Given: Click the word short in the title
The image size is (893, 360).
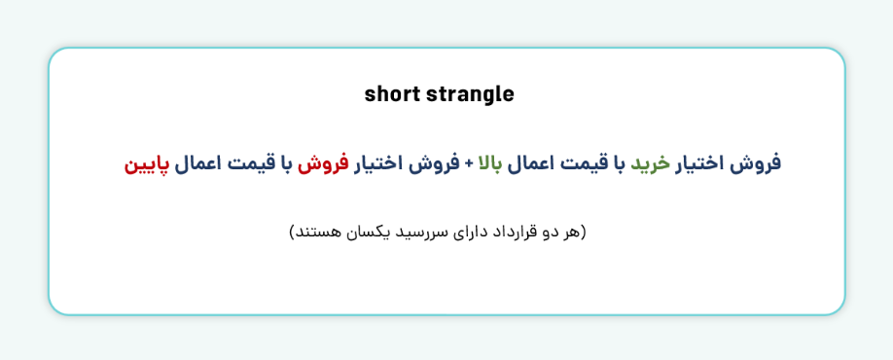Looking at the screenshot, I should coord(390,94).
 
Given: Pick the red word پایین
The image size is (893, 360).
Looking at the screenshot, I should coord(146,163).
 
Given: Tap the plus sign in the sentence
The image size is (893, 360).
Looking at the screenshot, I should coord(468,163).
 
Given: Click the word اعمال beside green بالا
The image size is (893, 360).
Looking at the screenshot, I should coord(528,163).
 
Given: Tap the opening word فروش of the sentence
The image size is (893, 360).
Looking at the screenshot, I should coord(759,163).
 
